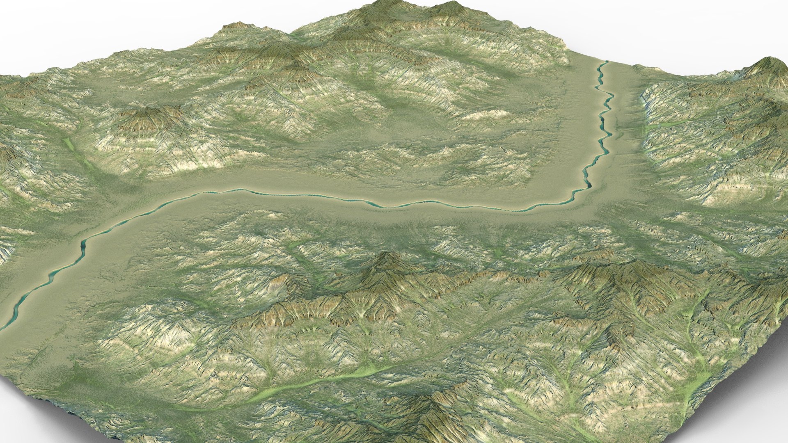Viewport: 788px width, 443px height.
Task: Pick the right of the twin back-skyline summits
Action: [x=451, y=5]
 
